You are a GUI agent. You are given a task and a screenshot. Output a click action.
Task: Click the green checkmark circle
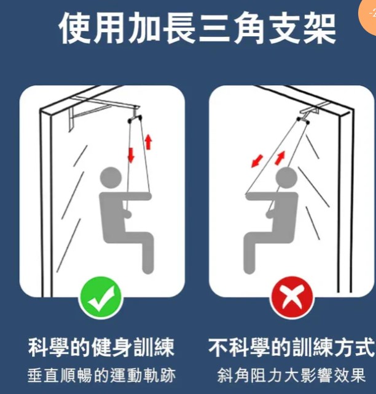point(101,297)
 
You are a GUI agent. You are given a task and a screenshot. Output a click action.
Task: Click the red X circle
point(291,297)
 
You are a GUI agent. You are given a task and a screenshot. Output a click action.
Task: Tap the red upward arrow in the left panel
point(149,142)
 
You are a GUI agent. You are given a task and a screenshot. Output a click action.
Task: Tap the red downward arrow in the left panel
point(131,155)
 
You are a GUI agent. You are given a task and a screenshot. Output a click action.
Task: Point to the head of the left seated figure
point(111,177)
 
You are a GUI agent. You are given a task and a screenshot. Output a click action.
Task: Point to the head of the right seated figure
point(286,177)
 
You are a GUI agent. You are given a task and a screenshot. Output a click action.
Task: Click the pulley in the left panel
point(135,119)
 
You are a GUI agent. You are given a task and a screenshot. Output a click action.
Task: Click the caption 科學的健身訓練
point(101,348)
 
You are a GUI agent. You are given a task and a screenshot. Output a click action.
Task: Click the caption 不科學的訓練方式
point(291,348)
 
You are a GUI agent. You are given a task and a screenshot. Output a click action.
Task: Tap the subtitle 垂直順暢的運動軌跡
point(101,376)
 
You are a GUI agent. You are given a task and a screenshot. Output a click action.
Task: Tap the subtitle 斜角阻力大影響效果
point(291,376)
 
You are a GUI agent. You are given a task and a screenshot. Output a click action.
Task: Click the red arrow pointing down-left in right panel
point(257,161)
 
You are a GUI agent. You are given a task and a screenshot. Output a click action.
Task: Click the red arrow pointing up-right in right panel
point(280,158)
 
